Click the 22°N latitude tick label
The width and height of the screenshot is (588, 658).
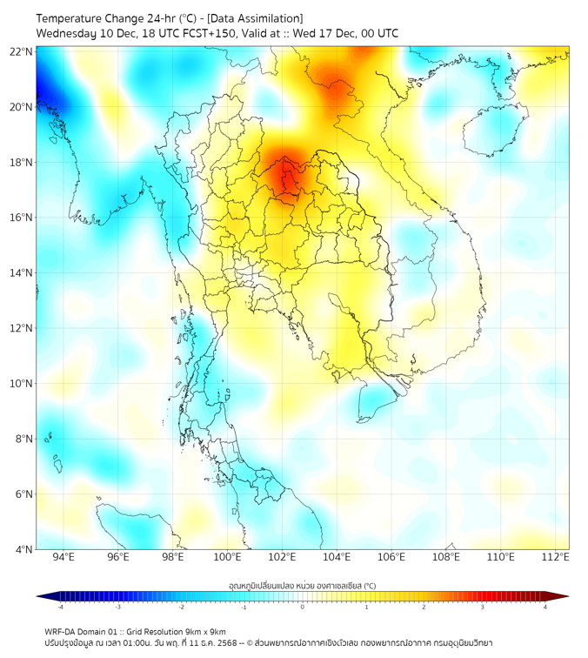(22, 51)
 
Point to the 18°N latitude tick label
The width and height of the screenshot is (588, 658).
(22, 162)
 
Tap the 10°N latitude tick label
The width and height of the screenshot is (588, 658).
(22, 383)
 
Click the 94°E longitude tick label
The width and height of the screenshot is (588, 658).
(63, 557)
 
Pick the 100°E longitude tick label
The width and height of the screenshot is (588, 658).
(227, 557)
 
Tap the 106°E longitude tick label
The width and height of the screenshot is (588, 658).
(391, 557)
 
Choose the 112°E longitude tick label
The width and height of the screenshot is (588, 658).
(556, 557)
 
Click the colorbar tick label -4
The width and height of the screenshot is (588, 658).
(59, 607)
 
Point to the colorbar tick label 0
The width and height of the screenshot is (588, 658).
(303, 607)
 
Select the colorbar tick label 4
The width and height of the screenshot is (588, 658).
(545, 607)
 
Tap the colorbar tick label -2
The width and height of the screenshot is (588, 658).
(181, 607)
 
